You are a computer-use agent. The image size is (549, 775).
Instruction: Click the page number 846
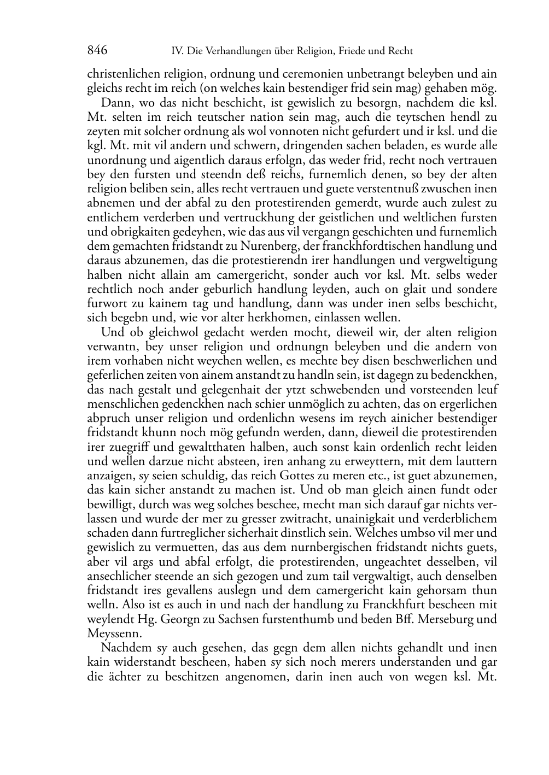point(97,51)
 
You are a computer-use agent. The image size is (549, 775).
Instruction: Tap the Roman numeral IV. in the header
point(177,51)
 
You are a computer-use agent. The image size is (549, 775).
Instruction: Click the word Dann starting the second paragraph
point(113,103)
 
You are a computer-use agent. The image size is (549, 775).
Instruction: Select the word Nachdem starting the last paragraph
point(122,648)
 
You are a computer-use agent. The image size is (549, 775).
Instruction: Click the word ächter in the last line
point(129,677)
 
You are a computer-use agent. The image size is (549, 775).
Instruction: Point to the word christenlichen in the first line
point(122,74)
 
